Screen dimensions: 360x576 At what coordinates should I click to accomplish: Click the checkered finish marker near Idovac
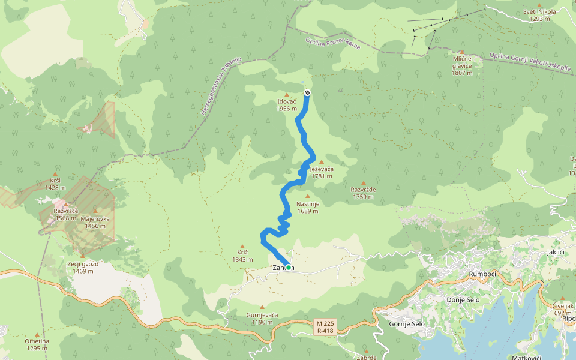pos(307,92)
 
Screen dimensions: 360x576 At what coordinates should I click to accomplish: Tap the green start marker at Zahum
pos(289,268)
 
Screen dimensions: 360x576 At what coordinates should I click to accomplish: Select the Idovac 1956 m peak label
pos(287,105)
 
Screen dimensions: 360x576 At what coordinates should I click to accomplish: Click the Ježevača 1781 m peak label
pos(321,173)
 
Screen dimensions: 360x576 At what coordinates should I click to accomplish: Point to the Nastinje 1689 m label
pos(308,207)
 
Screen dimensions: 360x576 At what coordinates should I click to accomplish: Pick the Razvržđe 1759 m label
pos(363,193)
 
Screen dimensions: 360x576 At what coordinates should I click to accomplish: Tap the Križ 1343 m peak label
pos(242,256)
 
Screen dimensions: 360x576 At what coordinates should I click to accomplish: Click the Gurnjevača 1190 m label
pos(262,318)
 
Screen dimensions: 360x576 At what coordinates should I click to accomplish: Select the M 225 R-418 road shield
pos(325,326)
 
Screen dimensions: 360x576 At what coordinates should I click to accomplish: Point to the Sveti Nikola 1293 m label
pos(539,15)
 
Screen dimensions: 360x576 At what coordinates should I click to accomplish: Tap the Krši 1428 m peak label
pos(55,184)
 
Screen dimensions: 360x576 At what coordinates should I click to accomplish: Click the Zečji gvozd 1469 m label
pos(82,267)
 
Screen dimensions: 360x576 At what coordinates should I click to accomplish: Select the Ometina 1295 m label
pos(37,344)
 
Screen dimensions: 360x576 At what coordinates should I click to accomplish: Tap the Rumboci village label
pos(482,275)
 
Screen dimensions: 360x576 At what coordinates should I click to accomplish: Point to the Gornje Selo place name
pos(407,324)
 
